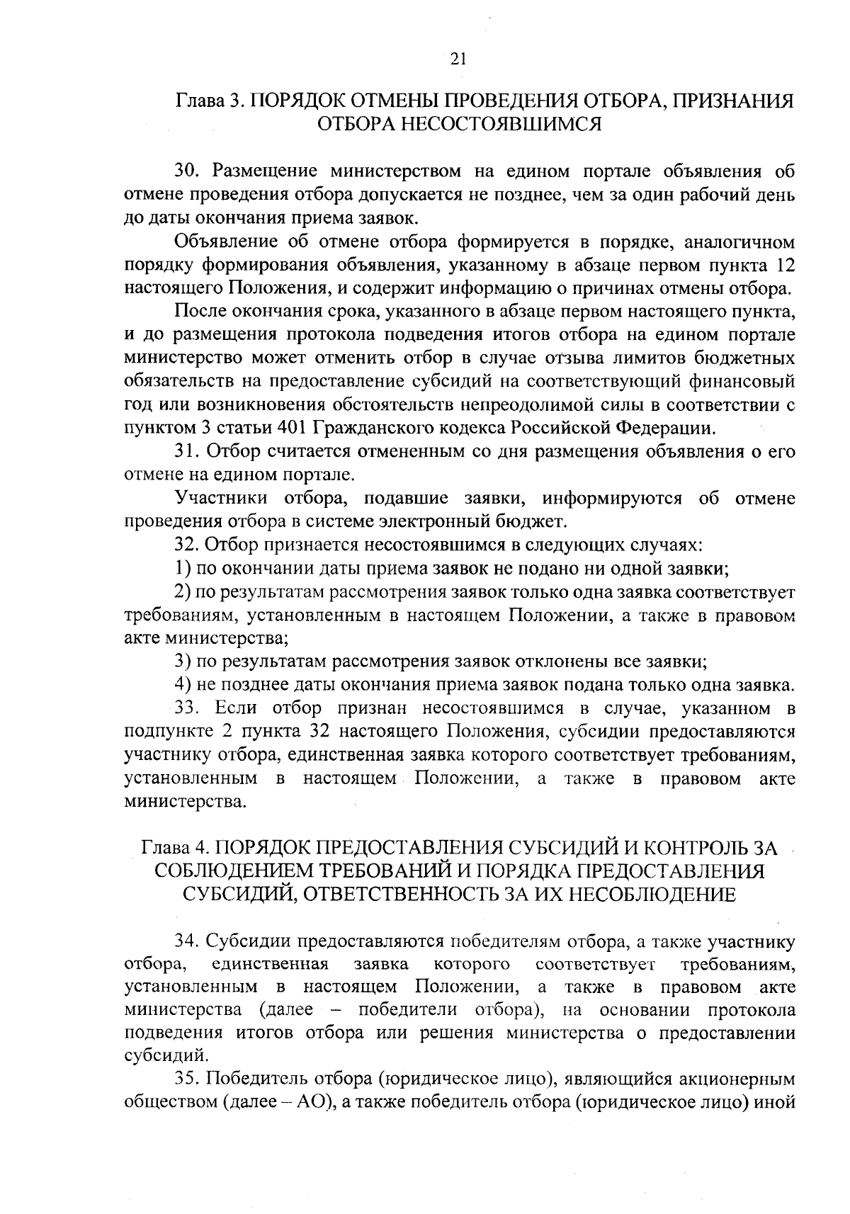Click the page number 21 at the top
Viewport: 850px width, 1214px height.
pyautogui.click(x=458, y=59)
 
